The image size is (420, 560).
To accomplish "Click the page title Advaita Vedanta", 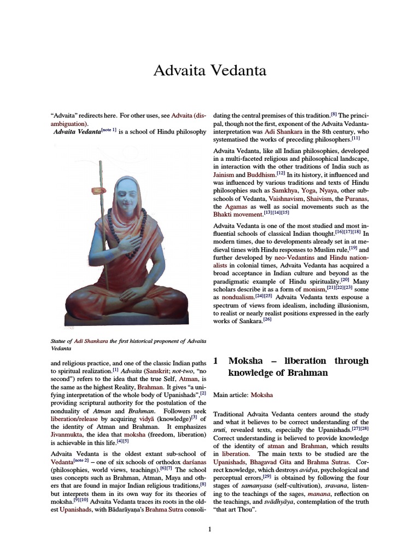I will coord(209,71).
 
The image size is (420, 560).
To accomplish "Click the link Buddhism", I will coord(260,174).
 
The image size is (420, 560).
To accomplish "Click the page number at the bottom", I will coord(209,529).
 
